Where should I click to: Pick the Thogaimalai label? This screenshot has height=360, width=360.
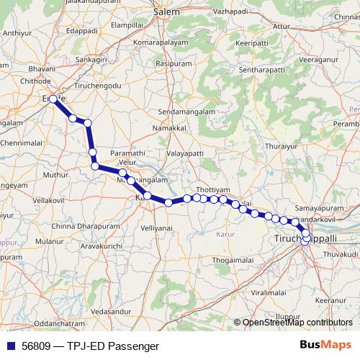tap(234, 260)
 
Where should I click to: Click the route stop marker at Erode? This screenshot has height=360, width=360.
tap(53, 99)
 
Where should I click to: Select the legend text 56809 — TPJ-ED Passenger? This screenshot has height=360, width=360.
tap(90, 346)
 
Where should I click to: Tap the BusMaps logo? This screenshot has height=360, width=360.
tap(325, 346)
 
